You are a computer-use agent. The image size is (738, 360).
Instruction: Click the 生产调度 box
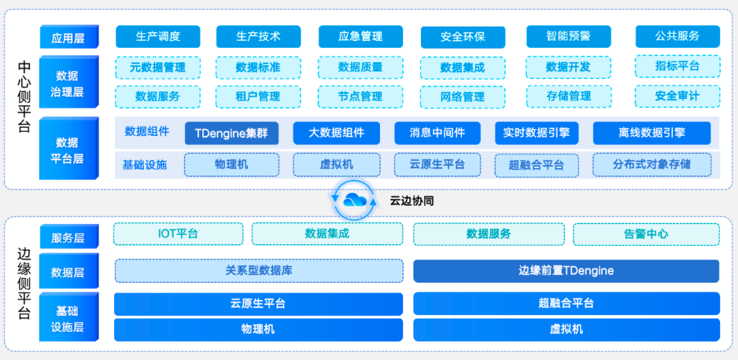point(158,37)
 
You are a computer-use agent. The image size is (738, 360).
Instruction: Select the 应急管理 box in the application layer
point(360,37)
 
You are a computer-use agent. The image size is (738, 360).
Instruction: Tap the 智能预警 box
point(568,37)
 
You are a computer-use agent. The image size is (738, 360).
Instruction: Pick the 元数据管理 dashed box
point(158,68)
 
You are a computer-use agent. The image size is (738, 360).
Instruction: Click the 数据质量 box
point(360,68)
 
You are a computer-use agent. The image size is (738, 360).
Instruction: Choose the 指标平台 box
point(677,66)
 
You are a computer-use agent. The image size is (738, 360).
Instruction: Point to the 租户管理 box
point(258,96)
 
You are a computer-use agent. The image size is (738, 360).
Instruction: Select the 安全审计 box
point(677,96)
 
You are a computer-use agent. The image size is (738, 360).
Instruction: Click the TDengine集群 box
point(231,133)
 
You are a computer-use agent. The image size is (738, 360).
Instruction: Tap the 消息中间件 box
point(437,133)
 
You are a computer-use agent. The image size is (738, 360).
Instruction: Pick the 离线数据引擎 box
point(651,133)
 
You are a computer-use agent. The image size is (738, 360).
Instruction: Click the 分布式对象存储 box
point(651,165)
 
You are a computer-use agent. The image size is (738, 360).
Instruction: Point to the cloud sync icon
point(354,199)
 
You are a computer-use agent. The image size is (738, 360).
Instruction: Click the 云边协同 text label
point(411,201)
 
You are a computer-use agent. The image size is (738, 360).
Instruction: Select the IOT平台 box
point(178,234)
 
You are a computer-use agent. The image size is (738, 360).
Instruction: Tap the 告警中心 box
point(646,234)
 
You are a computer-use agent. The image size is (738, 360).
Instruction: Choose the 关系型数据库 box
point(259,271)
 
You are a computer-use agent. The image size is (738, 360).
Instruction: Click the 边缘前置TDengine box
point(566,271)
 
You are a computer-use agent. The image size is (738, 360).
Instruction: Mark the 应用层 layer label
point(68,38)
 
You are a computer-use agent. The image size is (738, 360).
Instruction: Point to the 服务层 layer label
point(68,238)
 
